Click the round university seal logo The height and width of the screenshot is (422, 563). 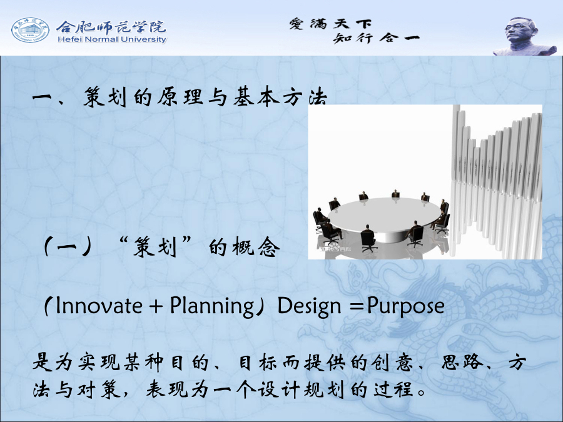click(30, 30)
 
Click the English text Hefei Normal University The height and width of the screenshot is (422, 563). click(112, 39)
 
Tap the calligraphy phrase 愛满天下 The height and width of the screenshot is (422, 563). click(330, 24)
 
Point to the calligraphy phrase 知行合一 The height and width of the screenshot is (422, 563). click(376, 38)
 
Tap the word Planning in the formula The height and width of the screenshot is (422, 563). click(212, 307)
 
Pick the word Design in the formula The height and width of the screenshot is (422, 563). click(309, 307)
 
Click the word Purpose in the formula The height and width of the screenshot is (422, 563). click(406, 307)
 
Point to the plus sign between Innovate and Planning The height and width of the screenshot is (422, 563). click(156, 307)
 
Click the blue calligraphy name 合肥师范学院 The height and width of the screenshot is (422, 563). click(111, 26)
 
